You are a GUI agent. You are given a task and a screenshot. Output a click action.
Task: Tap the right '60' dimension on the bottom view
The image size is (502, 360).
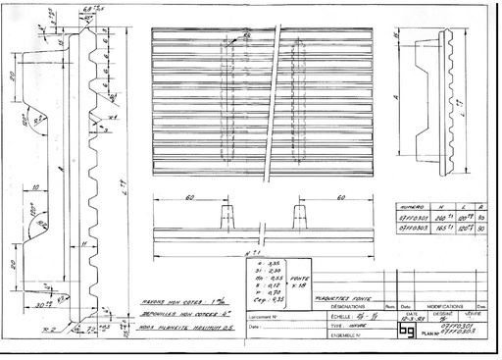[335, 199]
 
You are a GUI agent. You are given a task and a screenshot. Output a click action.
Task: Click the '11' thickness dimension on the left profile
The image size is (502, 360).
[85, 240]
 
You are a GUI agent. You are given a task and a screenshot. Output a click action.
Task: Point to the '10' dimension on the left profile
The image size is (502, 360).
[34, 185]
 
